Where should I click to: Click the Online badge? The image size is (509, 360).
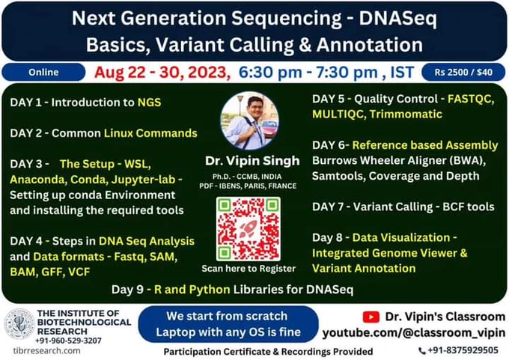(43, 72)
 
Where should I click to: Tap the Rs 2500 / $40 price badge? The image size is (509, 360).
(463, 72)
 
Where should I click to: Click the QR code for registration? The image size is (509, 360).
(249, 229)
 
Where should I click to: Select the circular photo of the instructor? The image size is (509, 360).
(249, 120)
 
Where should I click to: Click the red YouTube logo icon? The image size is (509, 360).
(371, 317)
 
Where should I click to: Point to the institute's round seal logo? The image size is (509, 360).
(19, 323)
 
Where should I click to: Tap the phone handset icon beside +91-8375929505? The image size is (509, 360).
(421, 350)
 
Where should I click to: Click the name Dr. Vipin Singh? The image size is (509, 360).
(252, 161)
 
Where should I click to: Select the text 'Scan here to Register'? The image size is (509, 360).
(249, 269)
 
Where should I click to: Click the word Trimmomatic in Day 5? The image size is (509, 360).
(406, 115)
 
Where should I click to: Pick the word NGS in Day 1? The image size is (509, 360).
(149, 103)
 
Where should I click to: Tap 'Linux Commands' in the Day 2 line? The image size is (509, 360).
(150, 133)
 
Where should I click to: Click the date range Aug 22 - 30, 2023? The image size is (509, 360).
(162, 72)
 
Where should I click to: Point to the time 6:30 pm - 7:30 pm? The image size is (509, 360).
(308, 73)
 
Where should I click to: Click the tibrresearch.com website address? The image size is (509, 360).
(46, 351)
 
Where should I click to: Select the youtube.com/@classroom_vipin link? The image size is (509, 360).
(413, 333)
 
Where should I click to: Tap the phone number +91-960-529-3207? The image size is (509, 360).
(68, 341)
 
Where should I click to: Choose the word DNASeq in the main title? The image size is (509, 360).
(398, 19)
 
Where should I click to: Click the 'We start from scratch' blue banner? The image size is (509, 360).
(228, 324)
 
